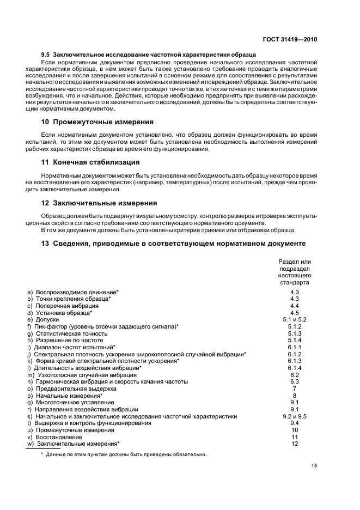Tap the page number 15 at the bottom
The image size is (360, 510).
coord(314,465)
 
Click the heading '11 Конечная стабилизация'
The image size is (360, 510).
coord(91,162)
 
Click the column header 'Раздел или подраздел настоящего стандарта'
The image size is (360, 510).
coord(295,272)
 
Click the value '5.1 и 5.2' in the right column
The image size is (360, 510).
coord(295,319)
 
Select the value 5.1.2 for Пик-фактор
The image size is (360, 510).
coord(295,326)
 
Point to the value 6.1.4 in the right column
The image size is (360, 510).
coord(295,368)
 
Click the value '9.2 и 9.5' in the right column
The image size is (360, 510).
coord(295,416)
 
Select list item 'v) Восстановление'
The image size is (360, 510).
coord(55,437)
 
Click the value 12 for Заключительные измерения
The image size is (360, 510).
coord(295,444)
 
